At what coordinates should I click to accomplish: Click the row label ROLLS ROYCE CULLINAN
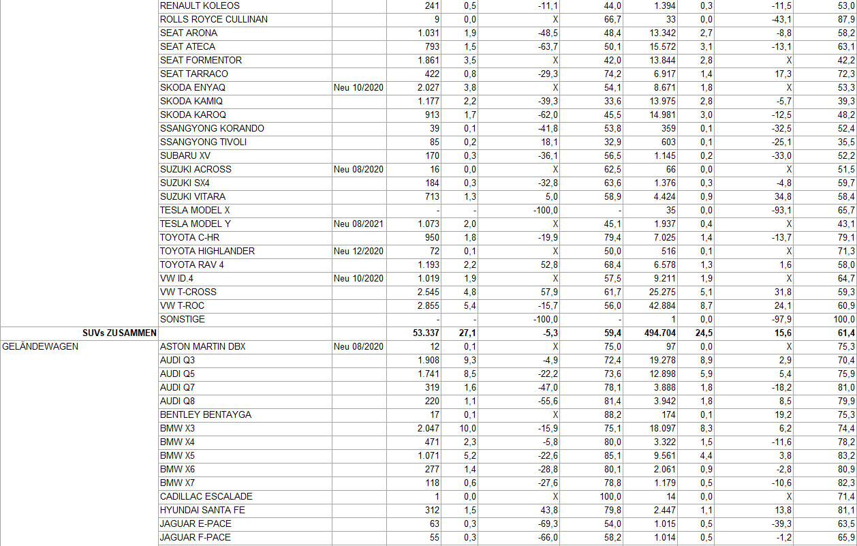click(213, 19)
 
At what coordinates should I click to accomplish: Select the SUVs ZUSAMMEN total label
click(120, 333)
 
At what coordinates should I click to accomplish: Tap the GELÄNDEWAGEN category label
click(41, 346)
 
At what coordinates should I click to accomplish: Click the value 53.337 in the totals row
click(422, 333)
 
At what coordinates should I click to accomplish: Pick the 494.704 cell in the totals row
click(657, 333)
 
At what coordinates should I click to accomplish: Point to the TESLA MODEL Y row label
click(196, 224)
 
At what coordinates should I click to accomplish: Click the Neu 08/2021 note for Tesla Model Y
click(359, 224)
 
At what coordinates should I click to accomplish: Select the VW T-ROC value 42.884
click(659, 305)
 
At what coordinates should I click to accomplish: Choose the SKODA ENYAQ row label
click(193, 87)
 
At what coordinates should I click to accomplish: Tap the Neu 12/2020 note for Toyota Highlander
click(359, 251)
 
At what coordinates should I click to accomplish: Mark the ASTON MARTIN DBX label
click(202, 346)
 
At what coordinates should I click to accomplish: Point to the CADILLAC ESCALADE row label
click(206, 496)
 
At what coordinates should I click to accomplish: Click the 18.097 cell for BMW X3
click(659, 428)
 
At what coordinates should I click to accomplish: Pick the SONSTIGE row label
click(183, 319)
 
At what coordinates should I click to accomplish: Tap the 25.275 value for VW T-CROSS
click(659, 292)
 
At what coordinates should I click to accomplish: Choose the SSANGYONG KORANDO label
click(212, 128)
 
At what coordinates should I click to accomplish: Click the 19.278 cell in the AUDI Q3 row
click(659, 360)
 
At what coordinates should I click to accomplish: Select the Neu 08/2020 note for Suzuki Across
click(359, 169)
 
